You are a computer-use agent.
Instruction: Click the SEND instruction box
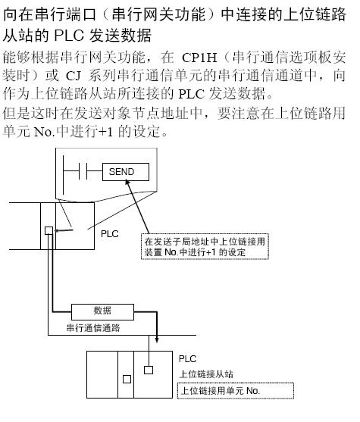coord(126,172)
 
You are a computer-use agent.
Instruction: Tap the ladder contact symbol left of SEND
coord(83,171)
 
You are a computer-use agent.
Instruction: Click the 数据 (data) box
coord(102,312)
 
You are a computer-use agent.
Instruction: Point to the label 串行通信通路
coord(93,328)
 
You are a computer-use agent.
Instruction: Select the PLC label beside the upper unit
coord(110,233)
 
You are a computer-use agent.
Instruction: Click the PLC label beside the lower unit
coord(187,359)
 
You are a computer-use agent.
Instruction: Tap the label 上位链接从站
coord(206,374)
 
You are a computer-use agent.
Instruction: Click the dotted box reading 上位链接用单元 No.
coord(236,390)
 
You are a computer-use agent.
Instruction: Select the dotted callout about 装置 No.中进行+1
coord(205,247)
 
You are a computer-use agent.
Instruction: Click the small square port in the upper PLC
coord(49,230)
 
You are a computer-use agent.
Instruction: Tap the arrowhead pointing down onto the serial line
coord(157,339)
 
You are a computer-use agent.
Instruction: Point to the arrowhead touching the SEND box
coord(127,183)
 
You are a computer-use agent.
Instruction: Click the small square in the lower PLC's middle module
coord(127,380)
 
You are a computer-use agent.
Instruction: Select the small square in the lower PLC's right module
coord(149,370)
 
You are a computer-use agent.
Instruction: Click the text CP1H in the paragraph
coord(199,58)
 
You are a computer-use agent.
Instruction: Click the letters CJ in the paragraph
coord(74,76)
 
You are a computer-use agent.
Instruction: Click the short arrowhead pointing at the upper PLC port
coord(57,230)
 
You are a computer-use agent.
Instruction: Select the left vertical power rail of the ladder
coord(63,174)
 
